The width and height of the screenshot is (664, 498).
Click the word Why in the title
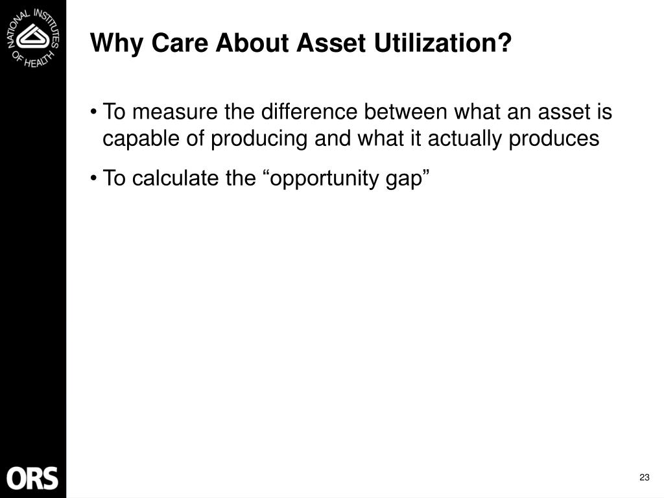(x=117, y=43)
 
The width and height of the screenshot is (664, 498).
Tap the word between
(x=406, y=112)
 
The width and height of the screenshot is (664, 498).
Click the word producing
(x=259, y=139)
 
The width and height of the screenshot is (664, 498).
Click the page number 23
(x=644, y=477)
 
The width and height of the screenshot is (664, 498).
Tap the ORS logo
(x=32, y=479)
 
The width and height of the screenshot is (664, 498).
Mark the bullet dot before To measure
(x=93, y=112)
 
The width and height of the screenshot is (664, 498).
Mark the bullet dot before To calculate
(x=93, y=178)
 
